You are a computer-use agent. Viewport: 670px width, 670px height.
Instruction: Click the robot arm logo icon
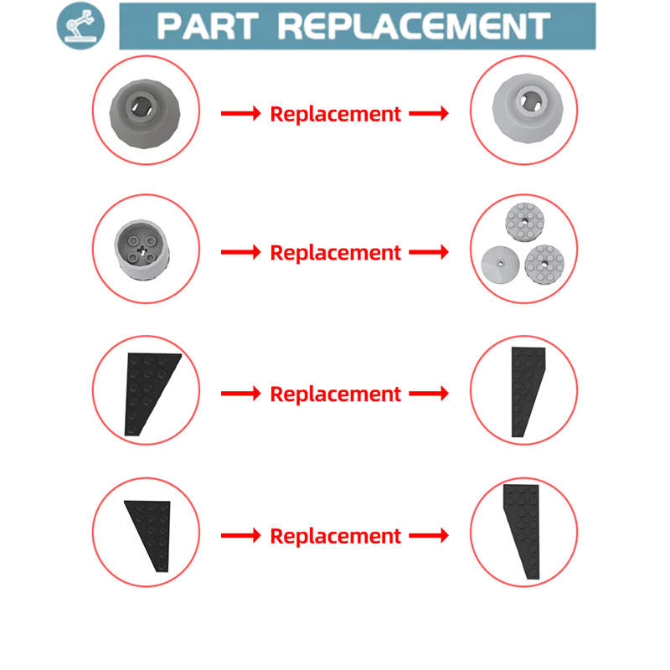pos(80,26)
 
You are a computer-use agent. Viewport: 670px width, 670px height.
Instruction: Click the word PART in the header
pos(208,27)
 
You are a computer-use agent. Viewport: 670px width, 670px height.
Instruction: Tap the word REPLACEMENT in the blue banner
pos(415,27)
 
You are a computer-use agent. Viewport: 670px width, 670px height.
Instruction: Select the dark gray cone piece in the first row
pos(145,114)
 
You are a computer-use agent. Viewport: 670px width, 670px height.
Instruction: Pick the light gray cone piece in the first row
pos(528,109)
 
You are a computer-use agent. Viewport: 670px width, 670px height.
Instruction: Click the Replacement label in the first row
pos(336,114)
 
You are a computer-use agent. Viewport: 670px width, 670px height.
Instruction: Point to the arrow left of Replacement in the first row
pos(241,114)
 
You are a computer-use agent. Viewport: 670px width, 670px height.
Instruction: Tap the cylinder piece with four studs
pos(142,250)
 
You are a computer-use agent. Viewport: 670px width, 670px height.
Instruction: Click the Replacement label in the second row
pos(336,253)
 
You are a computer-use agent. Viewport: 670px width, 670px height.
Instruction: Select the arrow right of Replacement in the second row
pos(429,252)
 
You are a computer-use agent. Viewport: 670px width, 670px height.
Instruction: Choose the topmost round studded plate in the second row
pos(525,222)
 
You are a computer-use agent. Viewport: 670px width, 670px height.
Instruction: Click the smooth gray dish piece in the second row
pos(500,265)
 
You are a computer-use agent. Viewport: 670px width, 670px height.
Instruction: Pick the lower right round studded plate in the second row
pos(544,265)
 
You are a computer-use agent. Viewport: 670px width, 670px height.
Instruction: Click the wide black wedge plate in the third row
pos(150,393)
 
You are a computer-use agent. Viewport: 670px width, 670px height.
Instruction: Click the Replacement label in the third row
pos(336,394)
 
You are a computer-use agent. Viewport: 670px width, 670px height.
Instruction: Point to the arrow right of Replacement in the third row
pos(429,393)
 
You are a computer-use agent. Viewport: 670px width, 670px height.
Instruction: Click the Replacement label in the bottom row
pos(336,536)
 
